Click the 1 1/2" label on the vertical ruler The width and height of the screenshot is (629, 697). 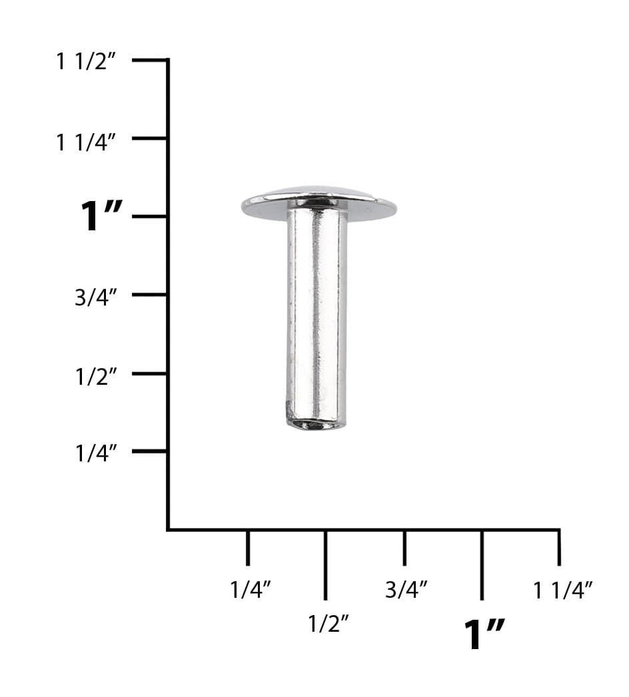[87, 62]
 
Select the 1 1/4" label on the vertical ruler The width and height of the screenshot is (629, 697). [87, 142]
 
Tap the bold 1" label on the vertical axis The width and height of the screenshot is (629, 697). [101, 217]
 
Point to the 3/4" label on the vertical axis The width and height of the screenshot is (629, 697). [96, 298]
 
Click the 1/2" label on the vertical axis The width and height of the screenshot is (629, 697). [96, 376]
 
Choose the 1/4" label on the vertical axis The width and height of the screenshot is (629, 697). [96, 454]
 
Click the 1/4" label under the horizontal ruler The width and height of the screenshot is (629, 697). [250, 589]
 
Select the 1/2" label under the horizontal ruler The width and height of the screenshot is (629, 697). [328, 624]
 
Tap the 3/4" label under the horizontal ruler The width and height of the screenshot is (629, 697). [406, 589]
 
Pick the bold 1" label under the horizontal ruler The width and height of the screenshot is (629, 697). [484, 634]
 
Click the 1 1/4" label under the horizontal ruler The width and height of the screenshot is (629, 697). [563, 589]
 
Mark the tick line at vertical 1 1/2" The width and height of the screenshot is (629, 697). [149, 61]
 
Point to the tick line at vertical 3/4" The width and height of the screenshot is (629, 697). [149, 294]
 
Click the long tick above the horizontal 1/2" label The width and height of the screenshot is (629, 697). [325, 565]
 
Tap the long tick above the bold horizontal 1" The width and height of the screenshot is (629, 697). [482, 565]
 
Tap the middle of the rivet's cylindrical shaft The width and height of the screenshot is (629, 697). [317, 313]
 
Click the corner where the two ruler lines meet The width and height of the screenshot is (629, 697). [168, 529]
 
